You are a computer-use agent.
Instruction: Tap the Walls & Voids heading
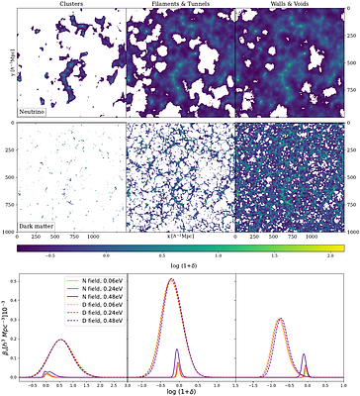coord(288,5)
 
